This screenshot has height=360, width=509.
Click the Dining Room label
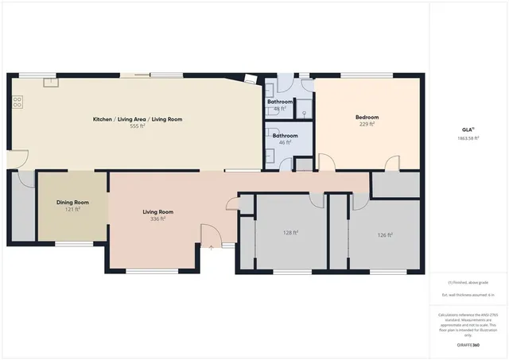click(72, 203)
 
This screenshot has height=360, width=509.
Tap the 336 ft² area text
click(157, 219)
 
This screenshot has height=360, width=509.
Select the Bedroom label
click(367, 118)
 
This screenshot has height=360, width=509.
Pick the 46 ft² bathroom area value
click(285, 142)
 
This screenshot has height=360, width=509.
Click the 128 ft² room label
click(290, 233)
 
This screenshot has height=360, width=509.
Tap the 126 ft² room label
click(385, 234)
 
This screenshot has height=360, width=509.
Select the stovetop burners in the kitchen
click(17, 102)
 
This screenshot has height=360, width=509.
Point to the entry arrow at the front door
click(212, 247)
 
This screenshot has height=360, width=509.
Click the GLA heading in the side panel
click(468, 129)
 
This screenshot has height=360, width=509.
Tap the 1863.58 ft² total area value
click(468, 137)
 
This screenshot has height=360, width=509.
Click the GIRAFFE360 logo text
click(468, 346)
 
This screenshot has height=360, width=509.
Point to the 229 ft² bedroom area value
click(367, 124)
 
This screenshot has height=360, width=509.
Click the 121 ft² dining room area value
click(72, 209)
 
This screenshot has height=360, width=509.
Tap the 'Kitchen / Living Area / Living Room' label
click(138, 119)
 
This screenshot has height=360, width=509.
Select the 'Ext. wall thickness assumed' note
click(468, 295)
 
